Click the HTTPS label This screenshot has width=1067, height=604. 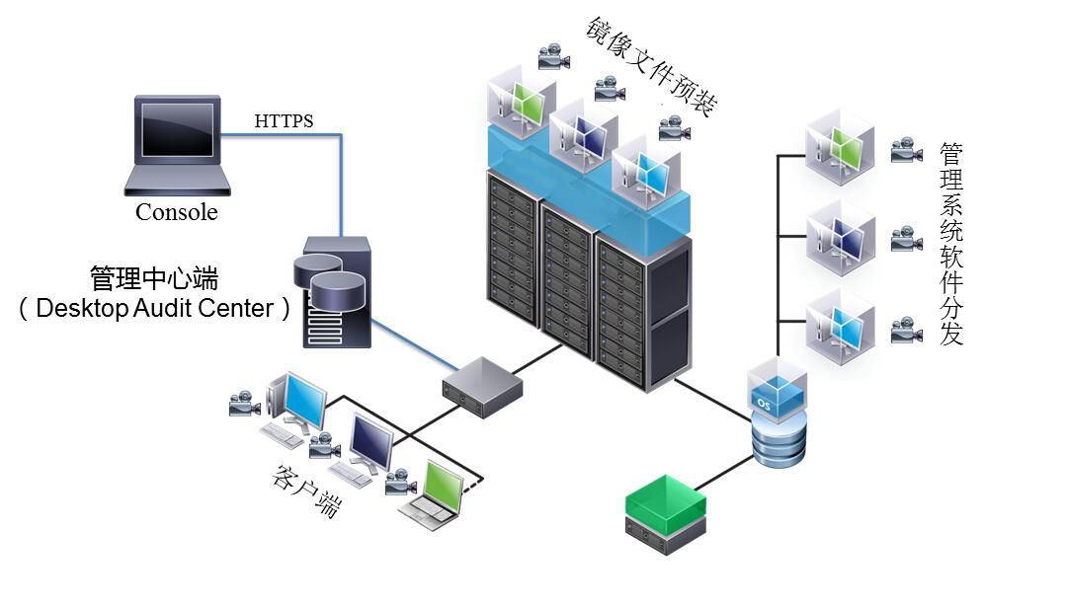284,121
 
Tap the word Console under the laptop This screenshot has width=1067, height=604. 176,212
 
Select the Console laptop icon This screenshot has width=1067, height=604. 179,143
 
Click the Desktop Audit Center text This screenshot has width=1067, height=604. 155,308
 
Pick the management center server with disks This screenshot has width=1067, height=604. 335,291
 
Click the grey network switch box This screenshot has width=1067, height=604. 482,387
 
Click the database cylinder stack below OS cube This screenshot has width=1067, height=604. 779,438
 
